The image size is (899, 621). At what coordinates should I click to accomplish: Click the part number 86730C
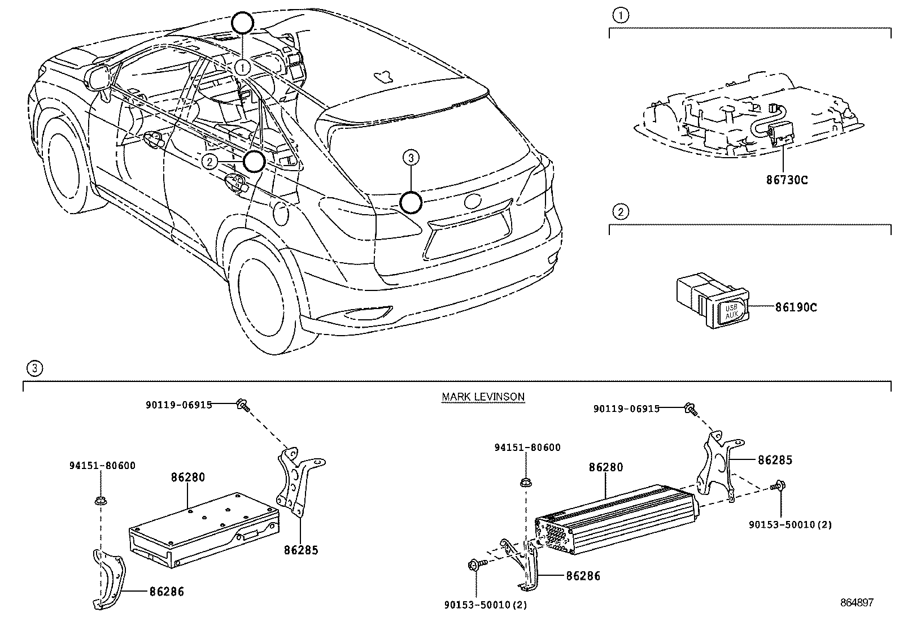point(787,180)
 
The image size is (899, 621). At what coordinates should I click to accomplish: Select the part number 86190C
point(795,307)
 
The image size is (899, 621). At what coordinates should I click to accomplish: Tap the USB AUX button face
point(731,312)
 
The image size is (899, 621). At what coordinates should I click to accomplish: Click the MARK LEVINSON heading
point(483,397)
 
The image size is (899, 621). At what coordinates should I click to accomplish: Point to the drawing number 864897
point(856,603)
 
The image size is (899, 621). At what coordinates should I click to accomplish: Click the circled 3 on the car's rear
point(411,159)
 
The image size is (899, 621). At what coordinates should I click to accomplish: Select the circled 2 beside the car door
point(210,162)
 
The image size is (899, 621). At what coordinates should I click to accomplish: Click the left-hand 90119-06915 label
point(178,405)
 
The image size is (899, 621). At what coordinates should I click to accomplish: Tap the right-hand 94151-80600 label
point(527,448)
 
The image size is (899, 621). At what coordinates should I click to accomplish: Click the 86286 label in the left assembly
point(167,592)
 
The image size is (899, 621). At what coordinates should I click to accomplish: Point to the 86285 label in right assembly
point(775,460)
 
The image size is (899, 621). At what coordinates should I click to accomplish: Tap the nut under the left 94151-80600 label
point(101,500)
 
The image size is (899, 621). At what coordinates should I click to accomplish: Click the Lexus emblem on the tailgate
point(473,201)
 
